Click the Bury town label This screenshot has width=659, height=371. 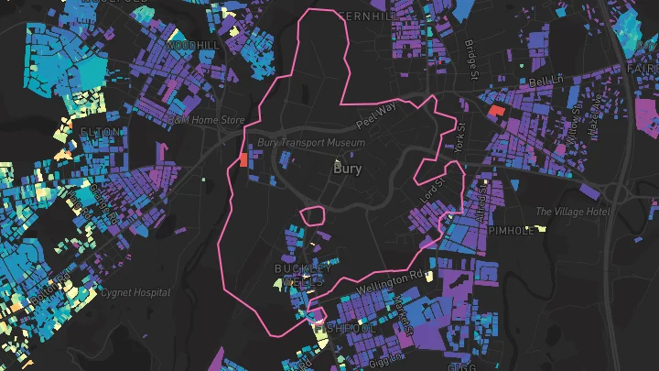(348, 169)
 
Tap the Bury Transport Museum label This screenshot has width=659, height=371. (311, 143)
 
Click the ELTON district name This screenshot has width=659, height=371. (100, 133)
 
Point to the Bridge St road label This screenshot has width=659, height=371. (470, 59)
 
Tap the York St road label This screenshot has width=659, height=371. (459, 137)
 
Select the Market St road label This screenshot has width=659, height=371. (404, 316)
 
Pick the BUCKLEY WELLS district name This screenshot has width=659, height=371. (302, 275)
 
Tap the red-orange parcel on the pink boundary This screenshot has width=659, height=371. (242, 159)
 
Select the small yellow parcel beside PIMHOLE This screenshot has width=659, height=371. (530, 228)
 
